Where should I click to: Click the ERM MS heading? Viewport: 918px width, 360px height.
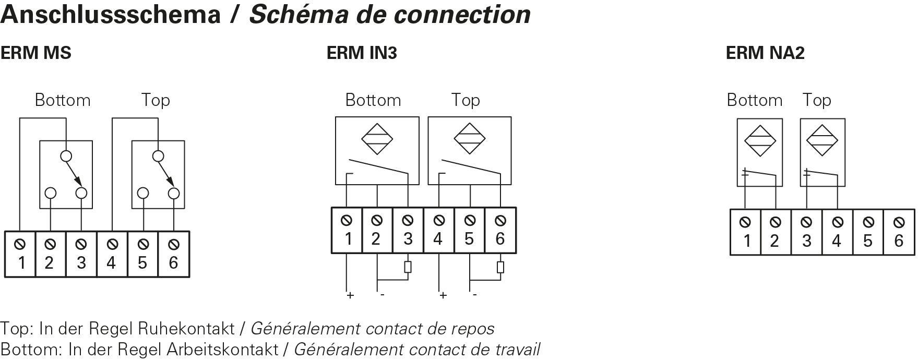pyautogui.click(x=35, y=53)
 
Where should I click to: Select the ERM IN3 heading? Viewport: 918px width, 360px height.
pyautogui.click(x=362, y=53)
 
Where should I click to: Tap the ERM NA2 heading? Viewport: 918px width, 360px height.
pyautogui.click(x=765, y=53)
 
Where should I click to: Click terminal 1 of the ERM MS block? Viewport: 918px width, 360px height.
pyautogui.click(x=20, y=254)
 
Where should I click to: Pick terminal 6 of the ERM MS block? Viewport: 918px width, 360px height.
pyautogui.click(x=174, y=254)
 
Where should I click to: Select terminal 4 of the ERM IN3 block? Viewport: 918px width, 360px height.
pyautogui.click(x=438, y=231)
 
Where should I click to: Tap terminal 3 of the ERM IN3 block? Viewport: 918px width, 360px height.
pyautogui.click(x=408, y=231)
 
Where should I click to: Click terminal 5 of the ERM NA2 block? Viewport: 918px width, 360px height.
pyautogui.click(x=868, y=232)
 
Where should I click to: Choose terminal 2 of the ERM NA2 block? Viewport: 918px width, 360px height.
pyautogui.click(x=776, y=232)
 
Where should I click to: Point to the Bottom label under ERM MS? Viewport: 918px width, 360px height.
pyautogui.click(x=63, y=100)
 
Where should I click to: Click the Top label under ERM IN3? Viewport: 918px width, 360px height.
pyautogui.click(x=466, y=100)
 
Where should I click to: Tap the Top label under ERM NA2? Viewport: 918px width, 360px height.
pyautogui.click(x=817, y=100)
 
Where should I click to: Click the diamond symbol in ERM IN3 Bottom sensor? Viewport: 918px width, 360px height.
pyautogui.click(x=377, y=139)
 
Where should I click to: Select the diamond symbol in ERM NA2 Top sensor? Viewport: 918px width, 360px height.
pyautogui.click(x=822, y=140)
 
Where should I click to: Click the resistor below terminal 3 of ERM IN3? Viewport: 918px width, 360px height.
pyautogui.click(x=408, y=267)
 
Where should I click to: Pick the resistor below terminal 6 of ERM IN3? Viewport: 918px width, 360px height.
pyautogui.click(x=500, y=267)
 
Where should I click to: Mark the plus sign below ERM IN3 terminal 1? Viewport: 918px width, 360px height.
pyautogui.click(x=350, y=296)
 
